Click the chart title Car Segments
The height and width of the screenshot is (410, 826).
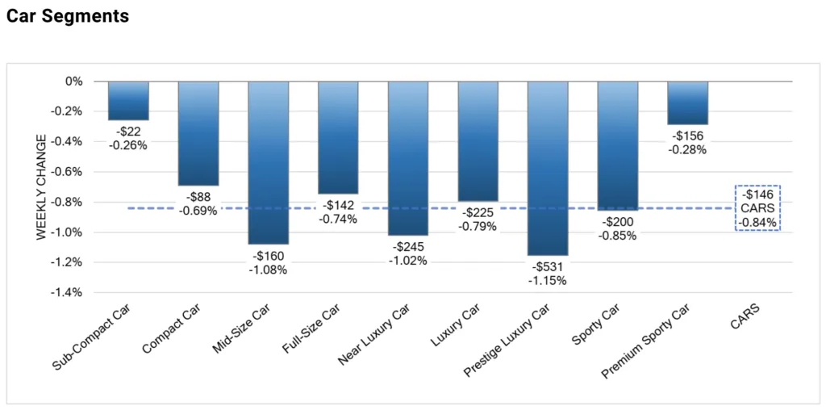pos(68,16)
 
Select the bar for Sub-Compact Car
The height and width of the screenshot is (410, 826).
pos(128,101)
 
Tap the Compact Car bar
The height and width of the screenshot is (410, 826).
pos(198,133)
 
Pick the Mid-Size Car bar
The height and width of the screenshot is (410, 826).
pos(269,161)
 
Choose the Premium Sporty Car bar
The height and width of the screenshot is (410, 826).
pos(687,102)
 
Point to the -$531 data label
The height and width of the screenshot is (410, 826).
pos(548,266)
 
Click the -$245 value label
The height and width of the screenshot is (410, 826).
pos(408,246)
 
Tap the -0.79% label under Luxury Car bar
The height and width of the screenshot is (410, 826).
pos(478,226)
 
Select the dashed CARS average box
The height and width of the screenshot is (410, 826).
pos(757,208)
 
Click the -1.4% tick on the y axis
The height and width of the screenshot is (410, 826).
pos(66,292)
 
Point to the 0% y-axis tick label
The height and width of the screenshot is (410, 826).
pos(74,82)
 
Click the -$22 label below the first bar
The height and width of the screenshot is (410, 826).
pos(128,131)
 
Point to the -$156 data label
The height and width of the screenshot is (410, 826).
pos(687,136)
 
